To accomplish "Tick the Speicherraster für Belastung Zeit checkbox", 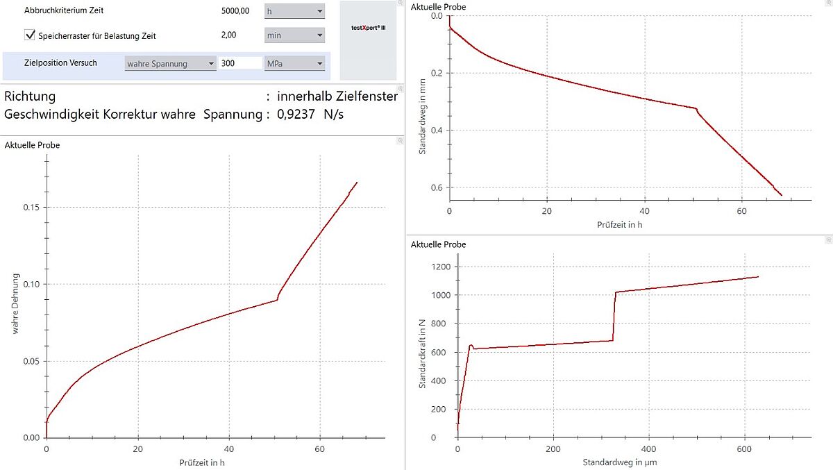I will (30, 34).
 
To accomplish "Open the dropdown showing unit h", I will (294, 12).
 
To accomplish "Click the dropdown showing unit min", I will (294, 35).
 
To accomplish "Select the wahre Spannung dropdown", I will (171, 63).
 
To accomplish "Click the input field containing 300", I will (240, 63).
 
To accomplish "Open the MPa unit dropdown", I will (294, 63).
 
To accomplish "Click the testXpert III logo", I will (368, 27).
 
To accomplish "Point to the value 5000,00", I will (235, 12).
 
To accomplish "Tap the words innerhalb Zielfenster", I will (337, 96).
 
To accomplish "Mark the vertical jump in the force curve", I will (614, 316).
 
